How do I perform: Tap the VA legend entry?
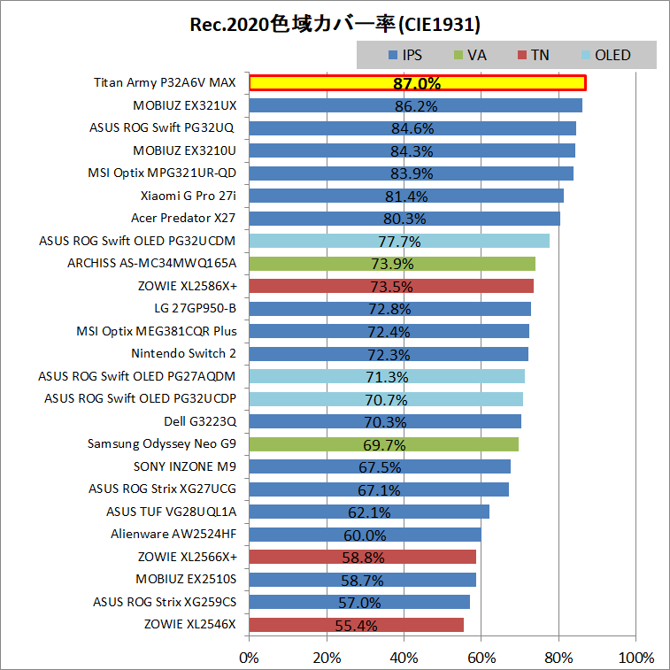[469, 55]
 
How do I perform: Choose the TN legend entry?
[532, 55]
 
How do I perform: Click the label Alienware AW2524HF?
[173, 534]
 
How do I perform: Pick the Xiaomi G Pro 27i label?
[189, 196]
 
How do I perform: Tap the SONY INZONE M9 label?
[185, 466]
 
